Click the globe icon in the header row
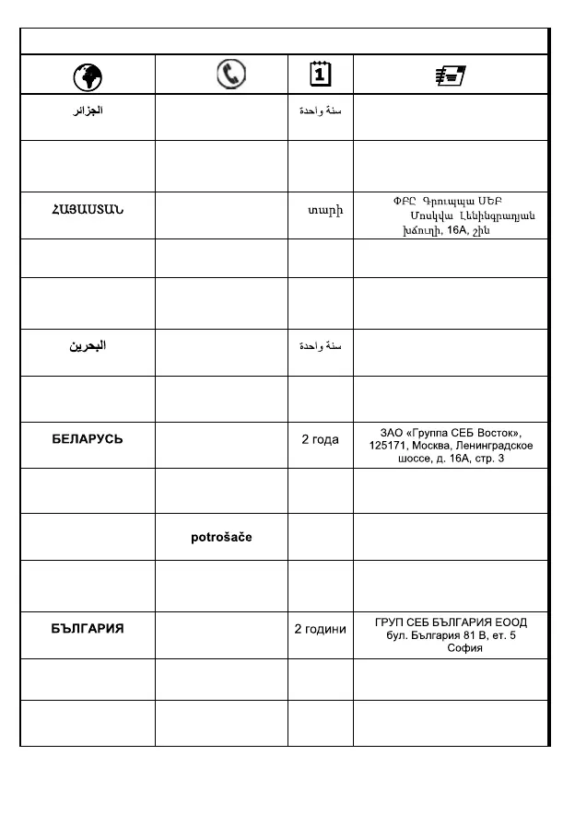[x=88, y=75]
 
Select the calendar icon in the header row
[x=320, y=74]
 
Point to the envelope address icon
[x=451, y=75]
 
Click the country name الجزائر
[x=88, y=111]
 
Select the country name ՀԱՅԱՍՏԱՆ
[x=88, y=212]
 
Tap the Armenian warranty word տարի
[x=325, y=212]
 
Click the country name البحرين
[x=88, y=346]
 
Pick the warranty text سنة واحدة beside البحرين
[x=320, y=346]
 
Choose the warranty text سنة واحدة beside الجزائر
[x=320, y=111]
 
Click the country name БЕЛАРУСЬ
[x=88, y=439]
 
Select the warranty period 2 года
[x=320, y=439]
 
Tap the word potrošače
[x=221, y=538]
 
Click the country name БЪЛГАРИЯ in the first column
[x=88, y=629]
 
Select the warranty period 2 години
[x=320, y=629]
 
